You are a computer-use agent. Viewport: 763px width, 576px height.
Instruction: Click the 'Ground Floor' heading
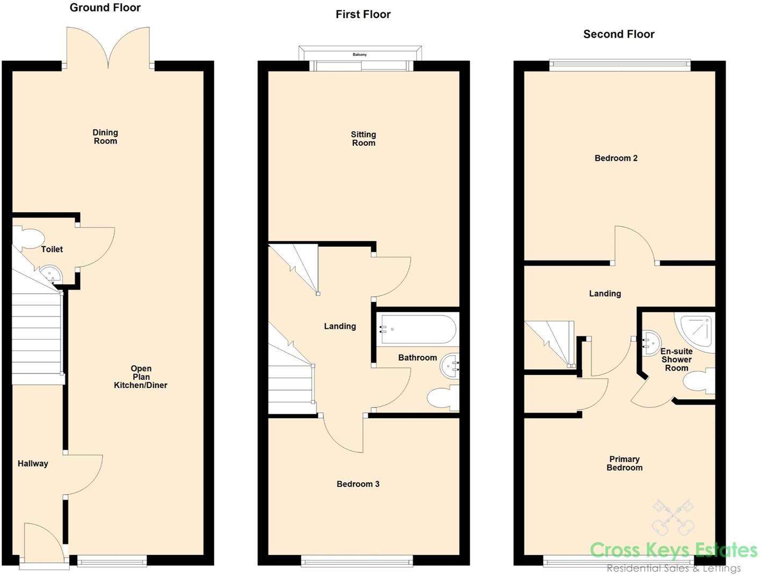[105, 8]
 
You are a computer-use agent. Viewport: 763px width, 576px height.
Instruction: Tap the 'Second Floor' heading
[619, 34]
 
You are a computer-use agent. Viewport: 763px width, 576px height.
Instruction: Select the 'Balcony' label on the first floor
[360, 54]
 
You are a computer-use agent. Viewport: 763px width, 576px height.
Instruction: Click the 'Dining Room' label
[105, 136]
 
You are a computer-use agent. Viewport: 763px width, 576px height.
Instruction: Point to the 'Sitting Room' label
[364, 139]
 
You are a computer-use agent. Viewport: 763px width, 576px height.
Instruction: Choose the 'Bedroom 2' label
[616, 158]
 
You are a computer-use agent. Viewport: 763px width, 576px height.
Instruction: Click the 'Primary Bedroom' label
[624, 463]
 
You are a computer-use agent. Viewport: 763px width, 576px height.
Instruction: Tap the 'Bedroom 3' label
[358, 484]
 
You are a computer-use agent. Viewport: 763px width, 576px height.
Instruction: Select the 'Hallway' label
[33, 464]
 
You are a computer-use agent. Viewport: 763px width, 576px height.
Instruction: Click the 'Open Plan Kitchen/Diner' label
[141, 377]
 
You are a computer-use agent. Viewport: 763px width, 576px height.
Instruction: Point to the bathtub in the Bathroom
[418, 329]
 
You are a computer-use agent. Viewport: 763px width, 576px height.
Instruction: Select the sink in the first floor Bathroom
[450, 366]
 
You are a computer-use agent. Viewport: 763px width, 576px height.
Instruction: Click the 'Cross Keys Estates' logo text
[673, 550]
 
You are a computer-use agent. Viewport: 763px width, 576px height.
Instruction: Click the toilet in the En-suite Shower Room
[699, 382]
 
